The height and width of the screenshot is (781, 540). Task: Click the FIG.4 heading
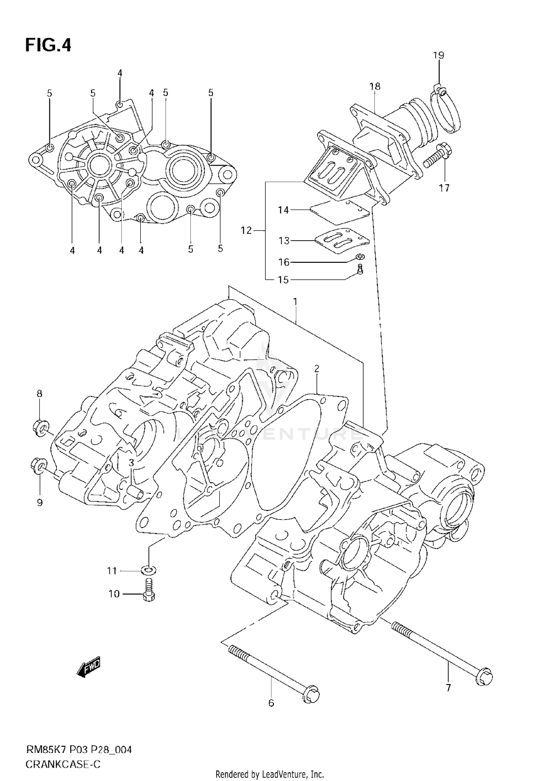click(x=48, y=46)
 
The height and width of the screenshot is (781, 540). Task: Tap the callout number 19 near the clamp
click(x=438, y=55)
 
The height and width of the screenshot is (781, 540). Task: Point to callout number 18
click(x=374, y=86)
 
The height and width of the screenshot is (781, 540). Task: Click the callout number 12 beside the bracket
click(x=246, y=230)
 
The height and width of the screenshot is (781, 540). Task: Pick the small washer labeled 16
click(x=360, y=257)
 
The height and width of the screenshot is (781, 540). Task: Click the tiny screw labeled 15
click(x=360, y=269)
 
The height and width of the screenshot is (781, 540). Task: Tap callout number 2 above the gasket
click(x=316, y=369)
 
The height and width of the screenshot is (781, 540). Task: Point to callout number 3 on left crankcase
click(x=131, y=463)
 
